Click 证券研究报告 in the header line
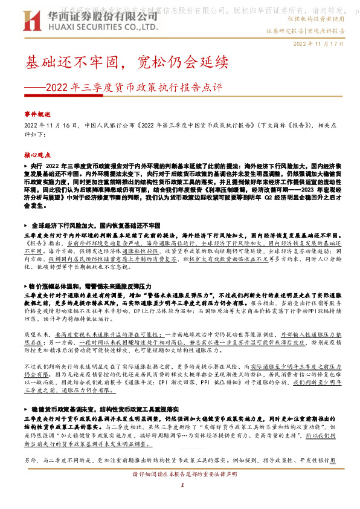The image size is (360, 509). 286,30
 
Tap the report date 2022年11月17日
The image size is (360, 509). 318,44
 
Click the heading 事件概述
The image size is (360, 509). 38,114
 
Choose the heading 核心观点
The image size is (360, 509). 38,155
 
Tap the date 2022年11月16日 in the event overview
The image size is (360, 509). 51,125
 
